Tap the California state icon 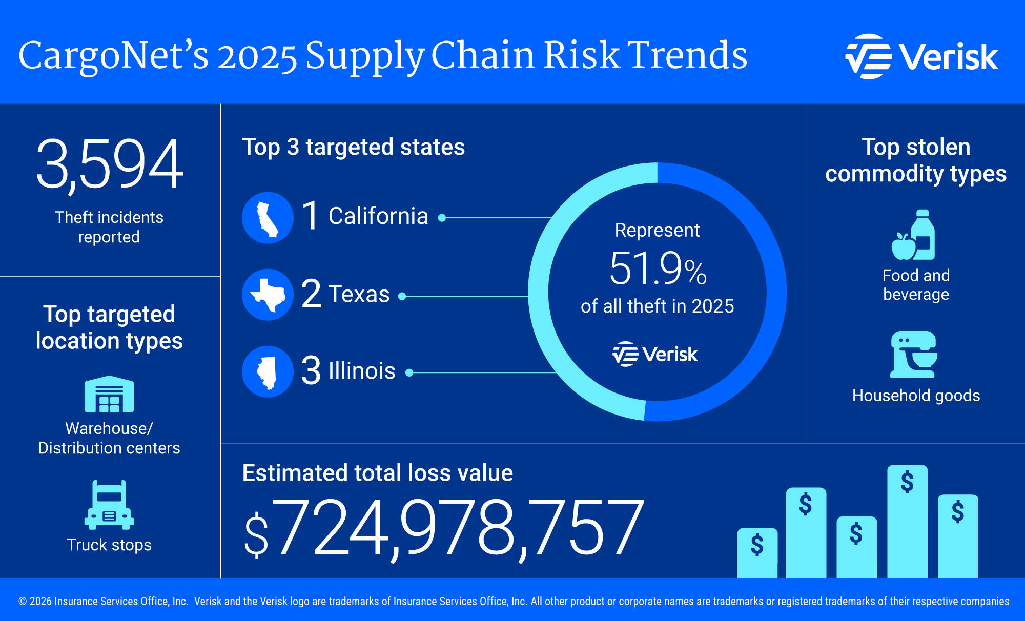[x=268, y=218]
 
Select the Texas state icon [x=268, y=295]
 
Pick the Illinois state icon [x=268, y=371]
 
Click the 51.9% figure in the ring [x=658, y=268]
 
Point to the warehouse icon [x=109, y=394]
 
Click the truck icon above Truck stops [x=109, y=505]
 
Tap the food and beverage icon [x=915, y=236]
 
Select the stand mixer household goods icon [x=915, y=354]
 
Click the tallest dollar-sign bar [x=907, y=520]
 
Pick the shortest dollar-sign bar [x=757, y=552]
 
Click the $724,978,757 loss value [x=443, y=528]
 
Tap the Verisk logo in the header [x=921, y=56]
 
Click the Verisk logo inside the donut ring [x=655, y=354]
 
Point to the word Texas [x=359, y=295]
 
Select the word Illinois [x=362, y=371]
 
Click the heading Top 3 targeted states [x=353, y=147]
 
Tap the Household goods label [x=916, y=396]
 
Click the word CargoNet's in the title [x=113, y=56]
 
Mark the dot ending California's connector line [x=442, y=218]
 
